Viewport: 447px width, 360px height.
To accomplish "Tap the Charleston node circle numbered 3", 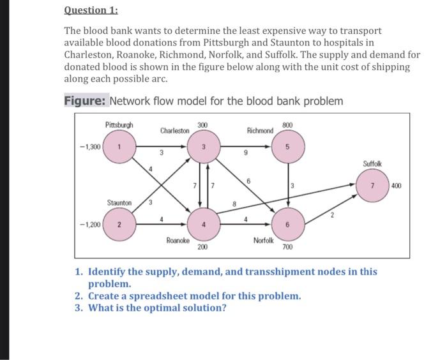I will (202, 147).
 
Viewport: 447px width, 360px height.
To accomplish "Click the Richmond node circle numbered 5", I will (287, 147).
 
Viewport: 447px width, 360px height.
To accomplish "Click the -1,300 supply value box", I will (89, 147).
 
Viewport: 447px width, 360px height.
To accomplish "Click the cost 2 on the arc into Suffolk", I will (332, 215).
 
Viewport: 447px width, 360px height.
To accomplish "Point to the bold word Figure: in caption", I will (86, 101).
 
